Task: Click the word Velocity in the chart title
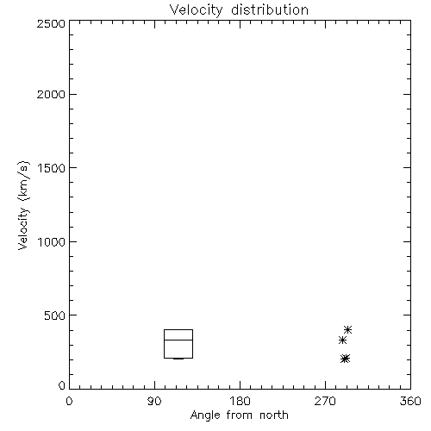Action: point(196,10)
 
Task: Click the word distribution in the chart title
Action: point(270,9)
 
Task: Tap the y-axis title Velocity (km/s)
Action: point(23,205)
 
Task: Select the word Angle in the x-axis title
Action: point(205,415)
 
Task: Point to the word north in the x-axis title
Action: point(274,415)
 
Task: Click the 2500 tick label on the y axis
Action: point(51,23)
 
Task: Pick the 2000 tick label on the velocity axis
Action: point(51,94)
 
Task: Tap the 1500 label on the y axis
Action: point(52,168)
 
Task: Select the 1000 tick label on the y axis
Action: point(52,241)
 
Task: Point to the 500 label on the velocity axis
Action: point(55,315)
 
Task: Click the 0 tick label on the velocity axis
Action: point(62,385)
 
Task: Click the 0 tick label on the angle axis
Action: point(69,401)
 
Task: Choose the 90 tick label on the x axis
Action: point(154,401)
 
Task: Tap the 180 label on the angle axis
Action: point(240,401)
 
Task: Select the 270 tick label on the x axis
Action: point(325,401)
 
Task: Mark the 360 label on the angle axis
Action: point(410,401)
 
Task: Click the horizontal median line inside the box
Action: point(178,340)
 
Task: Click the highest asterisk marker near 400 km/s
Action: point(348,329)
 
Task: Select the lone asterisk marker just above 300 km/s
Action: point(342,340)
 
